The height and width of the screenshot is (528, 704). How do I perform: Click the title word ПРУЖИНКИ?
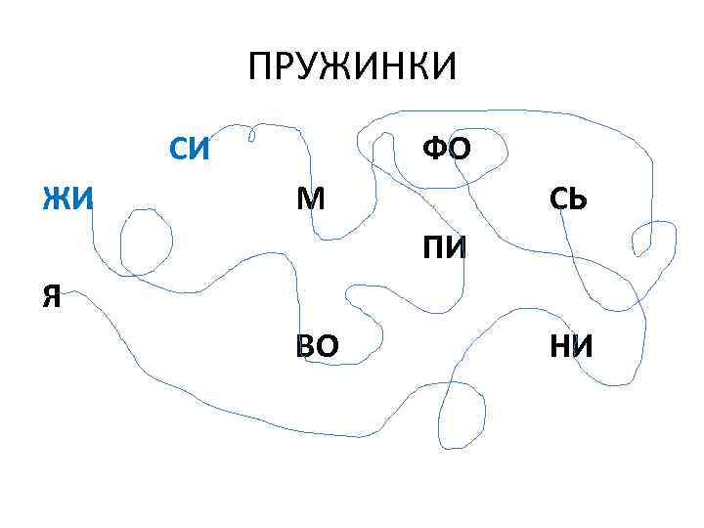click(351, 67)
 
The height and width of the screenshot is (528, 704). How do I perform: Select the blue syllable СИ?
click(190, 150)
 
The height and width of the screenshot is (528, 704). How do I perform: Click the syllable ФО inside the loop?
click(447, 150)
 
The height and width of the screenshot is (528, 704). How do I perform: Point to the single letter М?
click(311, 199)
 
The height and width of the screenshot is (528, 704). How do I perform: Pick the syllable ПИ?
click(445, 248)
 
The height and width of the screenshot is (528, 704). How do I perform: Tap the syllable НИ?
click(571, 346)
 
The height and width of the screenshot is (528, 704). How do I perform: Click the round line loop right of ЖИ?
click(147, 242)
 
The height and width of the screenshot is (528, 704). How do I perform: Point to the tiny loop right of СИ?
click(254, 130)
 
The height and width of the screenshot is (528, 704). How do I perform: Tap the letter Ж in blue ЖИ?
click(56, 199)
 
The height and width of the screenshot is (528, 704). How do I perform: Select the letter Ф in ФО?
click(433, 150)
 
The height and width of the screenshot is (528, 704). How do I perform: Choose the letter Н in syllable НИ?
click(558, 346)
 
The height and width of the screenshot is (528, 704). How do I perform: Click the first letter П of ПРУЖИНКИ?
click(261, 67)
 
